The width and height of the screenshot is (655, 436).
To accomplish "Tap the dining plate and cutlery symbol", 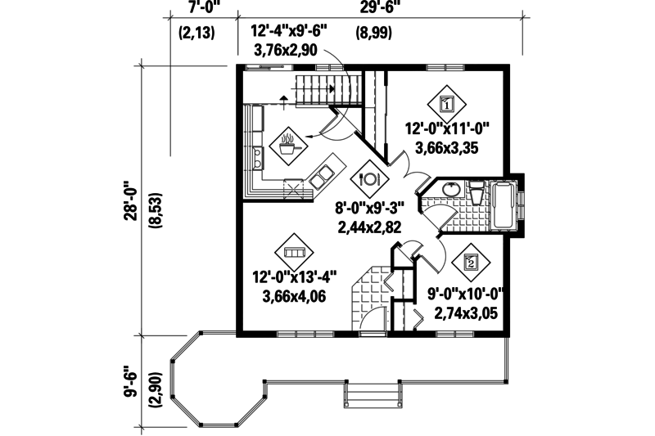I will pyautogui.click(x=368, y=178).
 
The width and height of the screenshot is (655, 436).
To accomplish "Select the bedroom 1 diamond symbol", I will pyautogui.click(x=447, y=104).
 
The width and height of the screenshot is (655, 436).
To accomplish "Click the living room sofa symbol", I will pyautogui.click(x=295, y=252).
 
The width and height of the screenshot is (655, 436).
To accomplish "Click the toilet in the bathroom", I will pyautogui.click(x=474, y=196).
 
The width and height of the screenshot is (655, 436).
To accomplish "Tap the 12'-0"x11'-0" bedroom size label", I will pyautogui.click(x=447, y=128).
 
